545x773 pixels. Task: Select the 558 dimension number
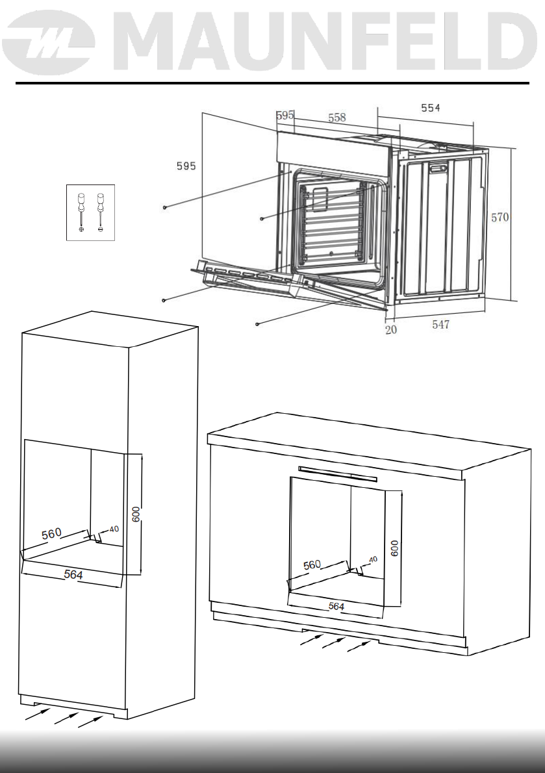pyautogui.click(x=336, y=118)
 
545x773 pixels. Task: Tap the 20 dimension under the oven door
pyautogui.click(x=390, y=329)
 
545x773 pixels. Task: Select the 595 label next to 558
pyautogui.click(x=285, y=115)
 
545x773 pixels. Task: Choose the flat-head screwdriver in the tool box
pyautogui.click(x=100, y=210)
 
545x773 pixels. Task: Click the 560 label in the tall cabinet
pyautogui.click(x=52, y=534)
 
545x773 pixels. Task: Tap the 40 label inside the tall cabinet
pyautogui.click(x=114, y=529)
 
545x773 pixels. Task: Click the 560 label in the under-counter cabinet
pyautogui.click(x=312, y=565)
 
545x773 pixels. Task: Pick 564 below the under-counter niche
pyautogui.click(x=336, y=606)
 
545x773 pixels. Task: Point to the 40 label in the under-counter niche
pyautogui.click(x=373, y=559)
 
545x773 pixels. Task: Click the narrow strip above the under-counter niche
pyautogui.click(x=337, y=473)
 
